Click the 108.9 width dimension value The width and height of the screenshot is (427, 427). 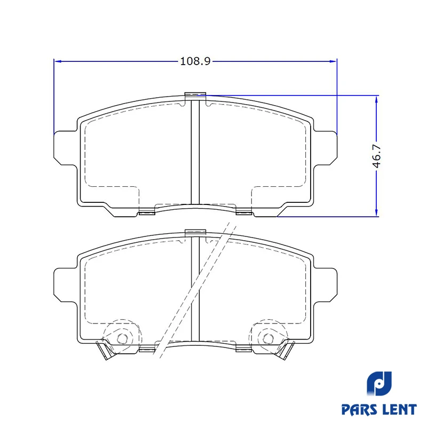195,61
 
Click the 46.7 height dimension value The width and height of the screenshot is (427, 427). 376,156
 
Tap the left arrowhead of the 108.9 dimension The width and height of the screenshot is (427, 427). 58,61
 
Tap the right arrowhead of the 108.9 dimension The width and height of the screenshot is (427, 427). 333,61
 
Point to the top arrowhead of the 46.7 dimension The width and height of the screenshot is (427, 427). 376,100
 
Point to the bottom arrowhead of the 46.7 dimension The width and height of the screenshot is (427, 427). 376,212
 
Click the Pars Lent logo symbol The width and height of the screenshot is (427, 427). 379,383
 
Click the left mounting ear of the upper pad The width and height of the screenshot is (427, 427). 65,148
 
